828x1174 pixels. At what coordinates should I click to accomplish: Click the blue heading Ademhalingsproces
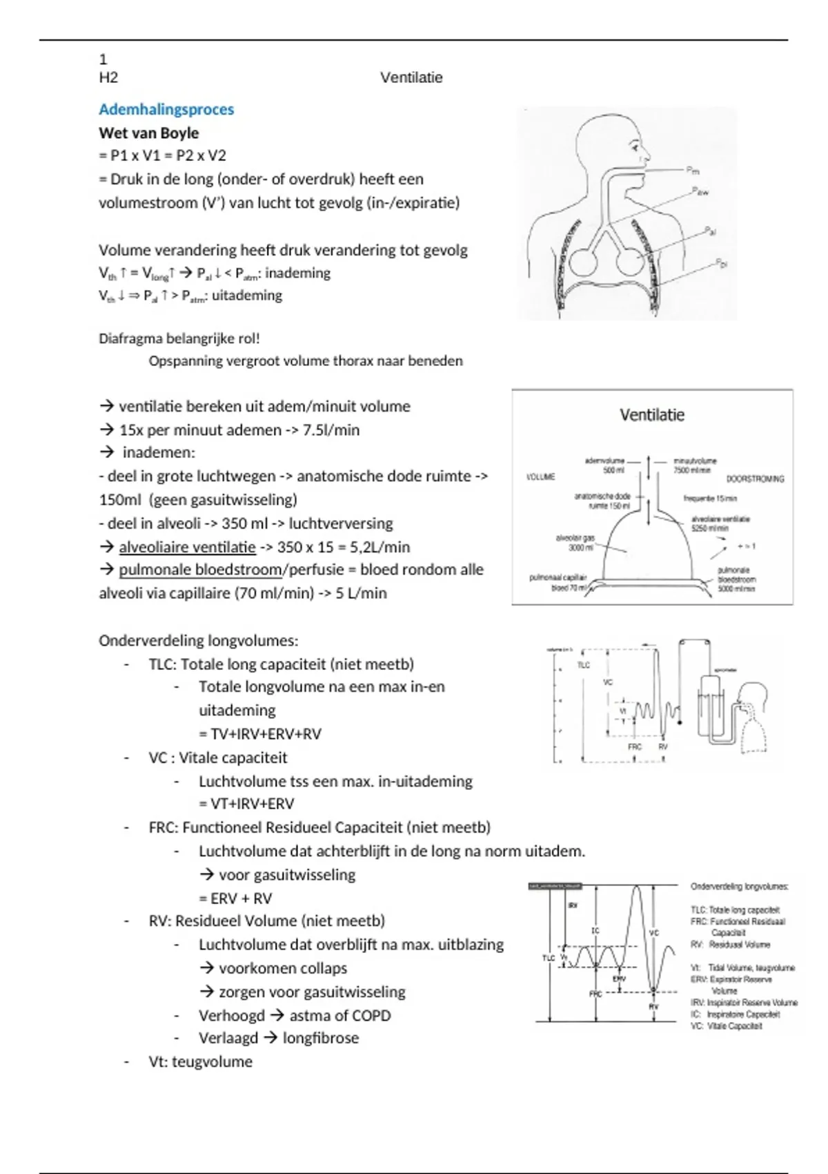[166, 109]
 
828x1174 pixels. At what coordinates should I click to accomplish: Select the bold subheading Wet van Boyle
[148, 133]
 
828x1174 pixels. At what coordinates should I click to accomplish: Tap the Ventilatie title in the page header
[411, 77]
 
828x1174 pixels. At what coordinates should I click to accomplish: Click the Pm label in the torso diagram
[693, 170]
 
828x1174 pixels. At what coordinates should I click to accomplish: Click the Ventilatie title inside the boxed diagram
[652, 415]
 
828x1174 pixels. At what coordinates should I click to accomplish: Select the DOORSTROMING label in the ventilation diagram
[755, 479]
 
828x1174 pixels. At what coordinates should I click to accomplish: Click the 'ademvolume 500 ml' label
[604, 465]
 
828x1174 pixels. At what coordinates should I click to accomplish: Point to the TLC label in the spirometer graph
[584, 665]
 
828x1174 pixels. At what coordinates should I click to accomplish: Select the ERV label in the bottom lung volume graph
[619, 979]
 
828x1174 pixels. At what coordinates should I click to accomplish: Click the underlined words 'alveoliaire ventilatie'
[187, 547]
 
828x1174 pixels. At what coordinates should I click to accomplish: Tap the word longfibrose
[320, 1038]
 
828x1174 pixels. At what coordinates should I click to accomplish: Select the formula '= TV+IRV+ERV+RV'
[260, 733]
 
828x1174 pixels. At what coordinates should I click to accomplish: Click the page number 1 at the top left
[103, 59]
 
